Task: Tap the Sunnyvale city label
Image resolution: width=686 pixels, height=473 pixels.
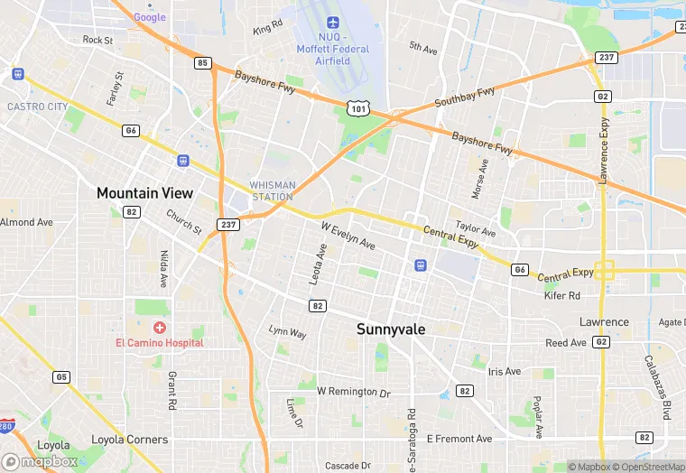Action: pos(391,329)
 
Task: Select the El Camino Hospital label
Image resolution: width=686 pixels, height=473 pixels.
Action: pos(159,342)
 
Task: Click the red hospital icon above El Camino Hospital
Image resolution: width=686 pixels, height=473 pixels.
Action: pos(160,327)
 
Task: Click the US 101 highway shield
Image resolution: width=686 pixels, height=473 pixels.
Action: pos(357,107)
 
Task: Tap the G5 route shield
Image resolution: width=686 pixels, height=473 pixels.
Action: pos(61,376)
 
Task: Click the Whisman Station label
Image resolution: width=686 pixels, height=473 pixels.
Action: pos(272,190)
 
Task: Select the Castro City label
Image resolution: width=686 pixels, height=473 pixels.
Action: pos(37,107)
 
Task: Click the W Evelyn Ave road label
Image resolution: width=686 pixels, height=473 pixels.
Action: pos(348,236)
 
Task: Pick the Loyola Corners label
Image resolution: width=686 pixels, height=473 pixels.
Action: pos(130,440)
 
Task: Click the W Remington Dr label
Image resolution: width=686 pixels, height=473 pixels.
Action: pos(354,393)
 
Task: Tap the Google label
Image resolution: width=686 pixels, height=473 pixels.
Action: pos(150,17)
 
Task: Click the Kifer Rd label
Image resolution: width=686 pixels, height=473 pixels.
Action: pos(562,295)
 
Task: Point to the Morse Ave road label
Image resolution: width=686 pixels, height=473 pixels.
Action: pos(479,179)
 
